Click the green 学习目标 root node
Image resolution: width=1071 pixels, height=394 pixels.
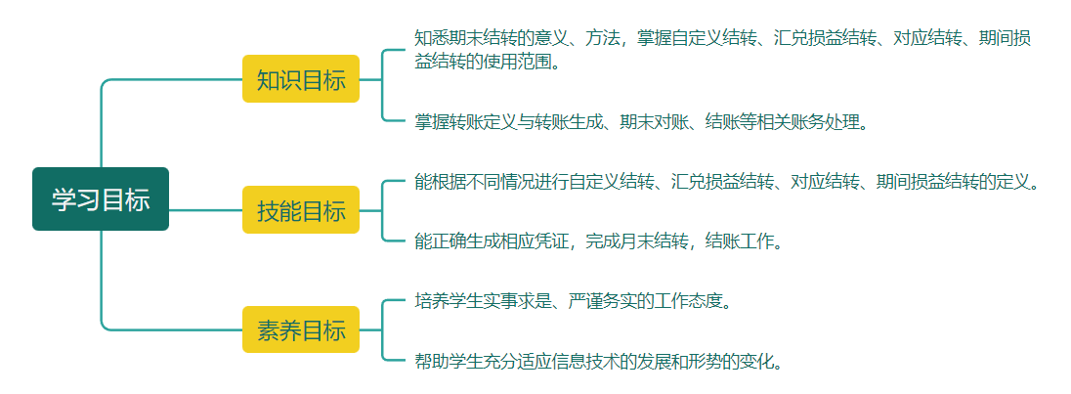(x=101, y=199)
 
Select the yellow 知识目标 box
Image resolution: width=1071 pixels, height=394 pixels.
(x=301, y=79)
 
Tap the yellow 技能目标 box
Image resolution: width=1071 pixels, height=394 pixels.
(x=301, y=210)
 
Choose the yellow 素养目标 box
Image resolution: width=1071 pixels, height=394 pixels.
(x=301, y=329)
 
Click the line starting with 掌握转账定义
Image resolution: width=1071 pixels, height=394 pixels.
(x=641, y=121)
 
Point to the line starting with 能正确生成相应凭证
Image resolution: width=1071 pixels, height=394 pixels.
(x=598, y=241)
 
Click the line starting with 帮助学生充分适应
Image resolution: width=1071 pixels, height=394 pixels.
(x=598, y=361)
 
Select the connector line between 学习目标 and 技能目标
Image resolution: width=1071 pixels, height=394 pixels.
(x=205, y=210)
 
